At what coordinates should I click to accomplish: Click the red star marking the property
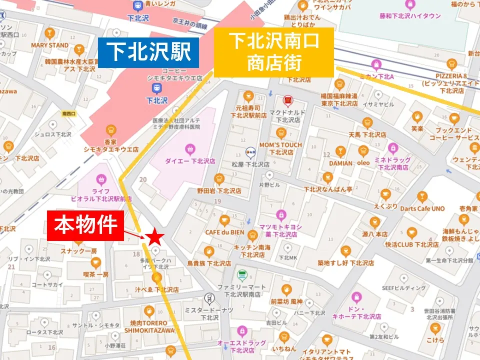154,238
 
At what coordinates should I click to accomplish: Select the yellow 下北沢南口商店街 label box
274,52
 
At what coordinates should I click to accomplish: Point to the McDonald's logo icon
287,100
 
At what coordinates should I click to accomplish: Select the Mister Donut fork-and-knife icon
209,299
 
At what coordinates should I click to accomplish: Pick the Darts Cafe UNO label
422,208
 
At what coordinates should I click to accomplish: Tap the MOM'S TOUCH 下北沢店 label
280,148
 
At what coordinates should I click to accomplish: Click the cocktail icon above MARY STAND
49,33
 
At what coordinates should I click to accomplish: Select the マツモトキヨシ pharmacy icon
281,214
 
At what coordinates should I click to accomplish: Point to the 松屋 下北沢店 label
251,164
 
